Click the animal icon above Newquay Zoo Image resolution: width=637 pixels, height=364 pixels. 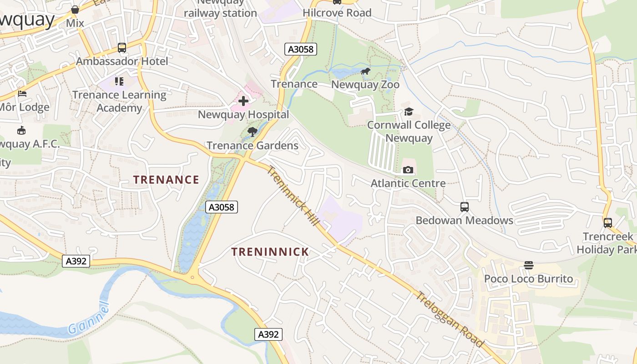[365, 71]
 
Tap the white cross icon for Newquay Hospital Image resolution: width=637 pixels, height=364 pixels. [243, 101]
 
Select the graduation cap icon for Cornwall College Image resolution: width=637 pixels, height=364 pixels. [409, 111]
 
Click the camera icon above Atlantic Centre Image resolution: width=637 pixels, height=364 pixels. [408, 170]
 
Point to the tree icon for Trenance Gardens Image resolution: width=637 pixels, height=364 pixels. [252, 132]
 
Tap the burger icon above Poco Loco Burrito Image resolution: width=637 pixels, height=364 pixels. [528, 265]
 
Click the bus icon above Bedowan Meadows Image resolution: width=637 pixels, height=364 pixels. [464, 207]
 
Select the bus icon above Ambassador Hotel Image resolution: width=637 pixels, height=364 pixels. [121, 47]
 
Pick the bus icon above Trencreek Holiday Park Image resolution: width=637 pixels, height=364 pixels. [607, 222]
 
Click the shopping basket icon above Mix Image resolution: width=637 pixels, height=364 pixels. [75, 10]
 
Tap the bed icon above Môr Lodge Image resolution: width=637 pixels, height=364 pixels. [22, 94]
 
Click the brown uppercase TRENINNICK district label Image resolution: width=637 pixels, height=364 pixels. [270, 252]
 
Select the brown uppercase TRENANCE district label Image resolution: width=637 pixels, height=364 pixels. [166, 180]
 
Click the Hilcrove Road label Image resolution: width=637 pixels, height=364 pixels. [337, 13]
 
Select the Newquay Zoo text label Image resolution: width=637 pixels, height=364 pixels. [365, 85]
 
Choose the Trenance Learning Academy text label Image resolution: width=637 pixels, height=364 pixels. [119, 101]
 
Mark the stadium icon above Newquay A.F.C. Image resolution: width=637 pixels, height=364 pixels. [21, 131]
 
